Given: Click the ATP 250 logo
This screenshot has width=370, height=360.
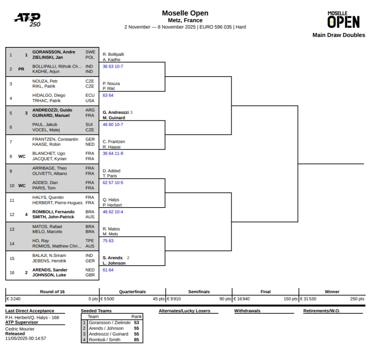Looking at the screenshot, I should (x=27, y=20).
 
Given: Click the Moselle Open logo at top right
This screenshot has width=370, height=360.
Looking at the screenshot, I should (x=343, y=20).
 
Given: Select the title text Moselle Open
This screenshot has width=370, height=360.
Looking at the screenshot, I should (x=185, y=13).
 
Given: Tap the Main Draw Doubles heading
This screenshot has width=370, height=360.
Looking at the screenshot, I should (x=339, y=35).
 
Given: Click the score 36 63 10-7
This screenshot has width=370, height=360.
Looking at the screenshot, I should (x=113, y=67).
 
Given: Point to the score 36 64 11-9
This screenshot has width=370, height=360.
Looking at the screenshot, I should (x=113, y=154).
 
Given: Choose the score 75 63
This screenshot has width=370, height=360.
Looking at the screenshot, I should (x=108, y=241).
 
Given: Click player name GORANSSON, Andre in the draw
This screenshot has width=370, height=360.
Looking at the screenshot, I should (x=54, y=52).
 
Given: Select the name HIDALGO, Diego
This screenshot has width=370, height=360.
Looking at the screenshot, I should (x=49, y=95).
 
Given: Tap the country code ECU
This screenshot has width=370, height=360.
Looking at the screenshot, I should (x=90, y=95).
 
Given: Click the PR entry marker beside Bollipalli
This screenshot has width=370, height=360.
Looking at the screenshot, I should (x=21, y=69).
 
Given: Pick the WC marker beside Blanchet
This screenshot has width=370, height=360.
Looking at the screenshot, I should (x=22, y=157).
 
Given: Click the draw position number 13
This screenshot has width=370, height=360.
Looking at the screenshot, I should (x=12, y=229).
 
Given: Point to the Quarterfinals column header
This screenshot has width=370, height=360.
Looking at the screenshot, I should (x=132, y=292).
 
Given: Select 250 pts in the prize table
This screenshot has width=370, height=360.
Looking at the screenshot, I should (x=357, y=299).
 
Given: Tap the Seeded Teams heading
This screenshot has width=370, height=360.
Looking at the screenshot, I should (x=96, y=311).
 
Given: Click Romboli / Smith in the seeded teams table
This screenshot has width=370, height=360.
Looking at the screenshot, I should (x=105, y=340).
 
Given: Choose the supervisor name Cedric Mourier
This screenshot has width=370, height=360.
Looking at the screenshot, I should (x=20, y=329).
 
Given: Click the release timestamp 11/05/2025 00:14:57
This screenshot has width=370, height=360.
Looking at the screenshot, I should (x=26, y=339).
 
